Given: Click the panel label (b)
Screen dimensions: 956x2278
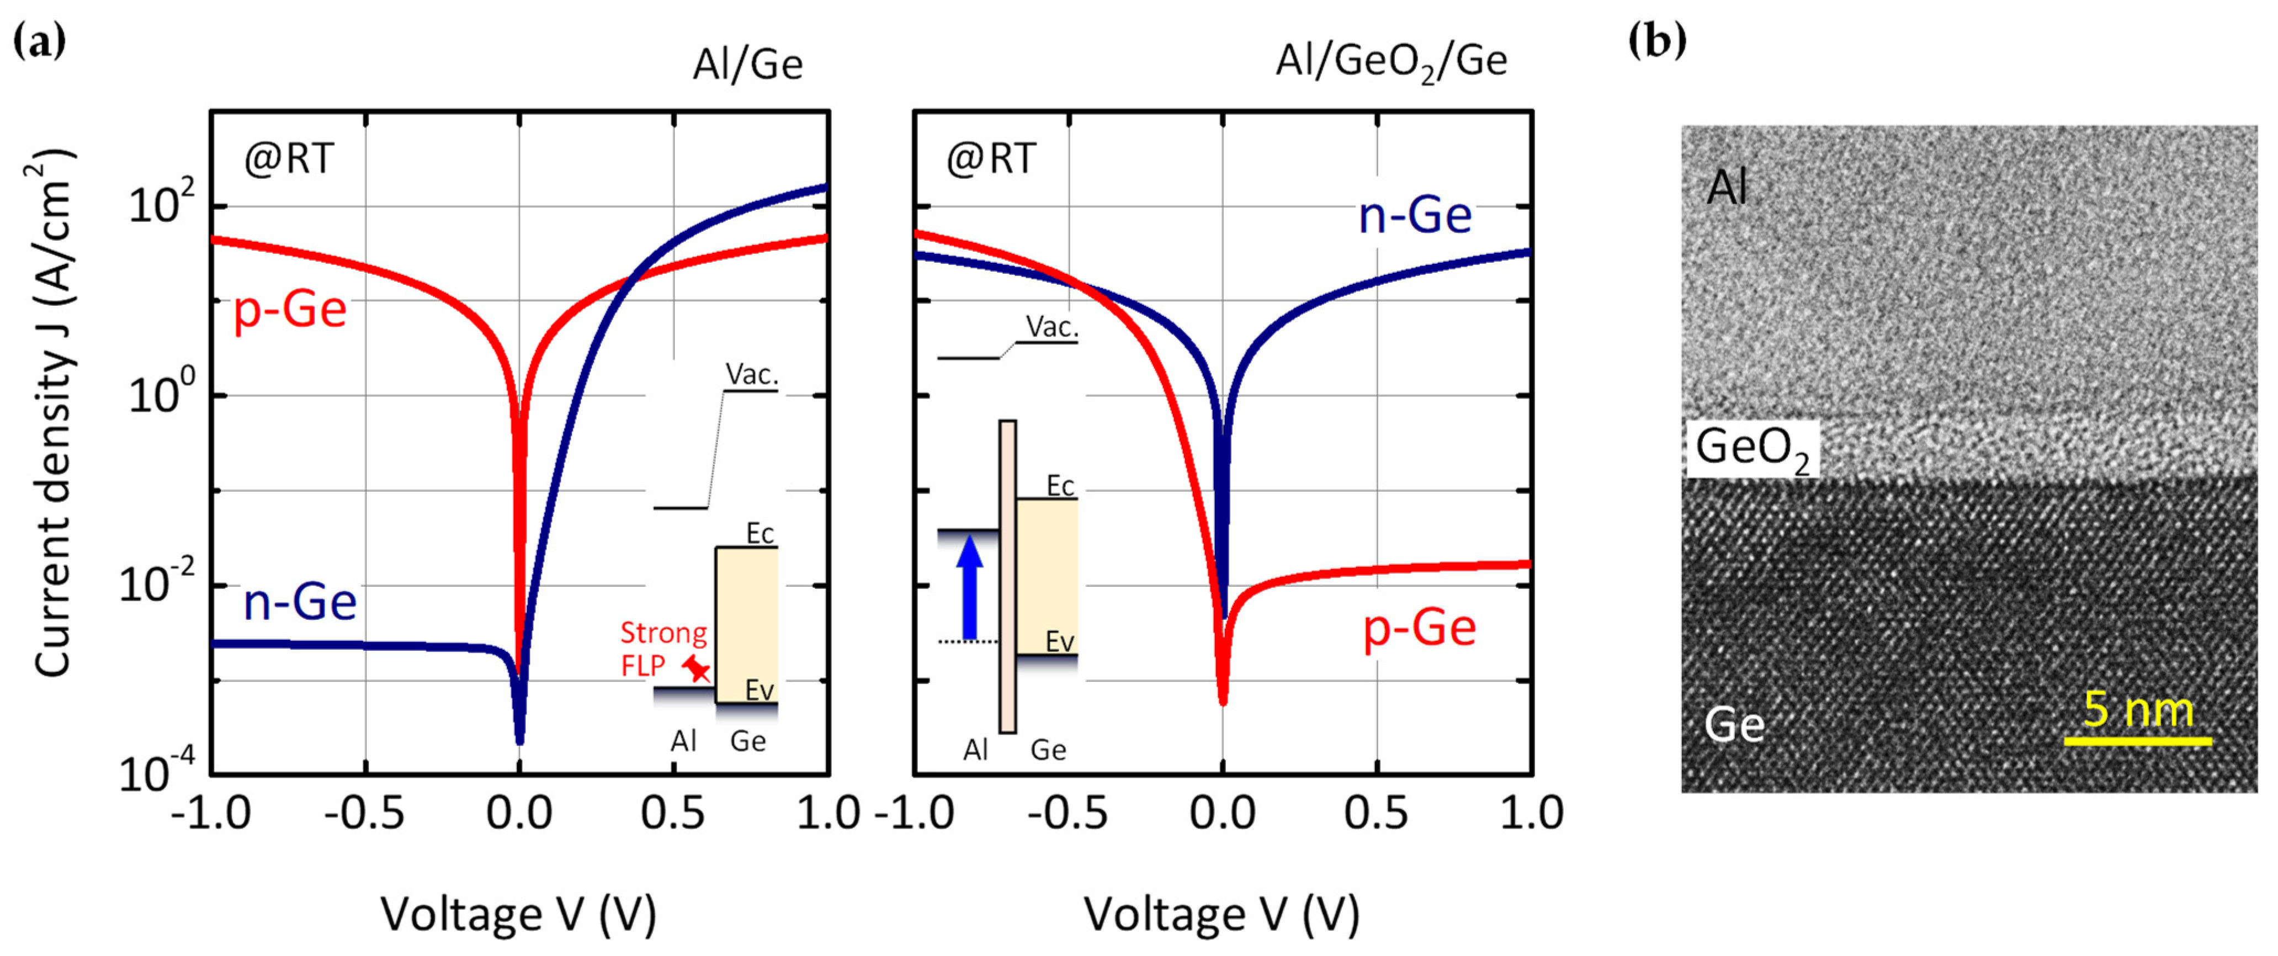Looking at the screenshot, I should coord(1657,41).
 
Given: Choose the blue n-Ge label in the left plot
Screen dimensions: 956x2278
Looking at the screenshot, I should coord(300,602).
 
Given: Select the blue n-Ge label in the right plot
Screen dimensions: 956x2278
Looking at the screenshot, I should coord(1414,215).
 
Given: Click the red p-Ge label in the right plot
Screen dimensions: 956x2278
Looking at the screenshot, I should coord(1419,629).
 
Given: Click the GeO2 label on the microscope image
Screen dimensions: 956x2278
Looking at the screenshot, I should coord(1751,448).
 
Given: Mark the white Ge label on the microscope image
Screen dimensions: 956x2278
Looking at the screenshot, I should coord(1733,725).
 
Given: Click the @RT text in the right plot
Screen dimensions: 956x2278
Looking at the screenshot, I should coord(990,159).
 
